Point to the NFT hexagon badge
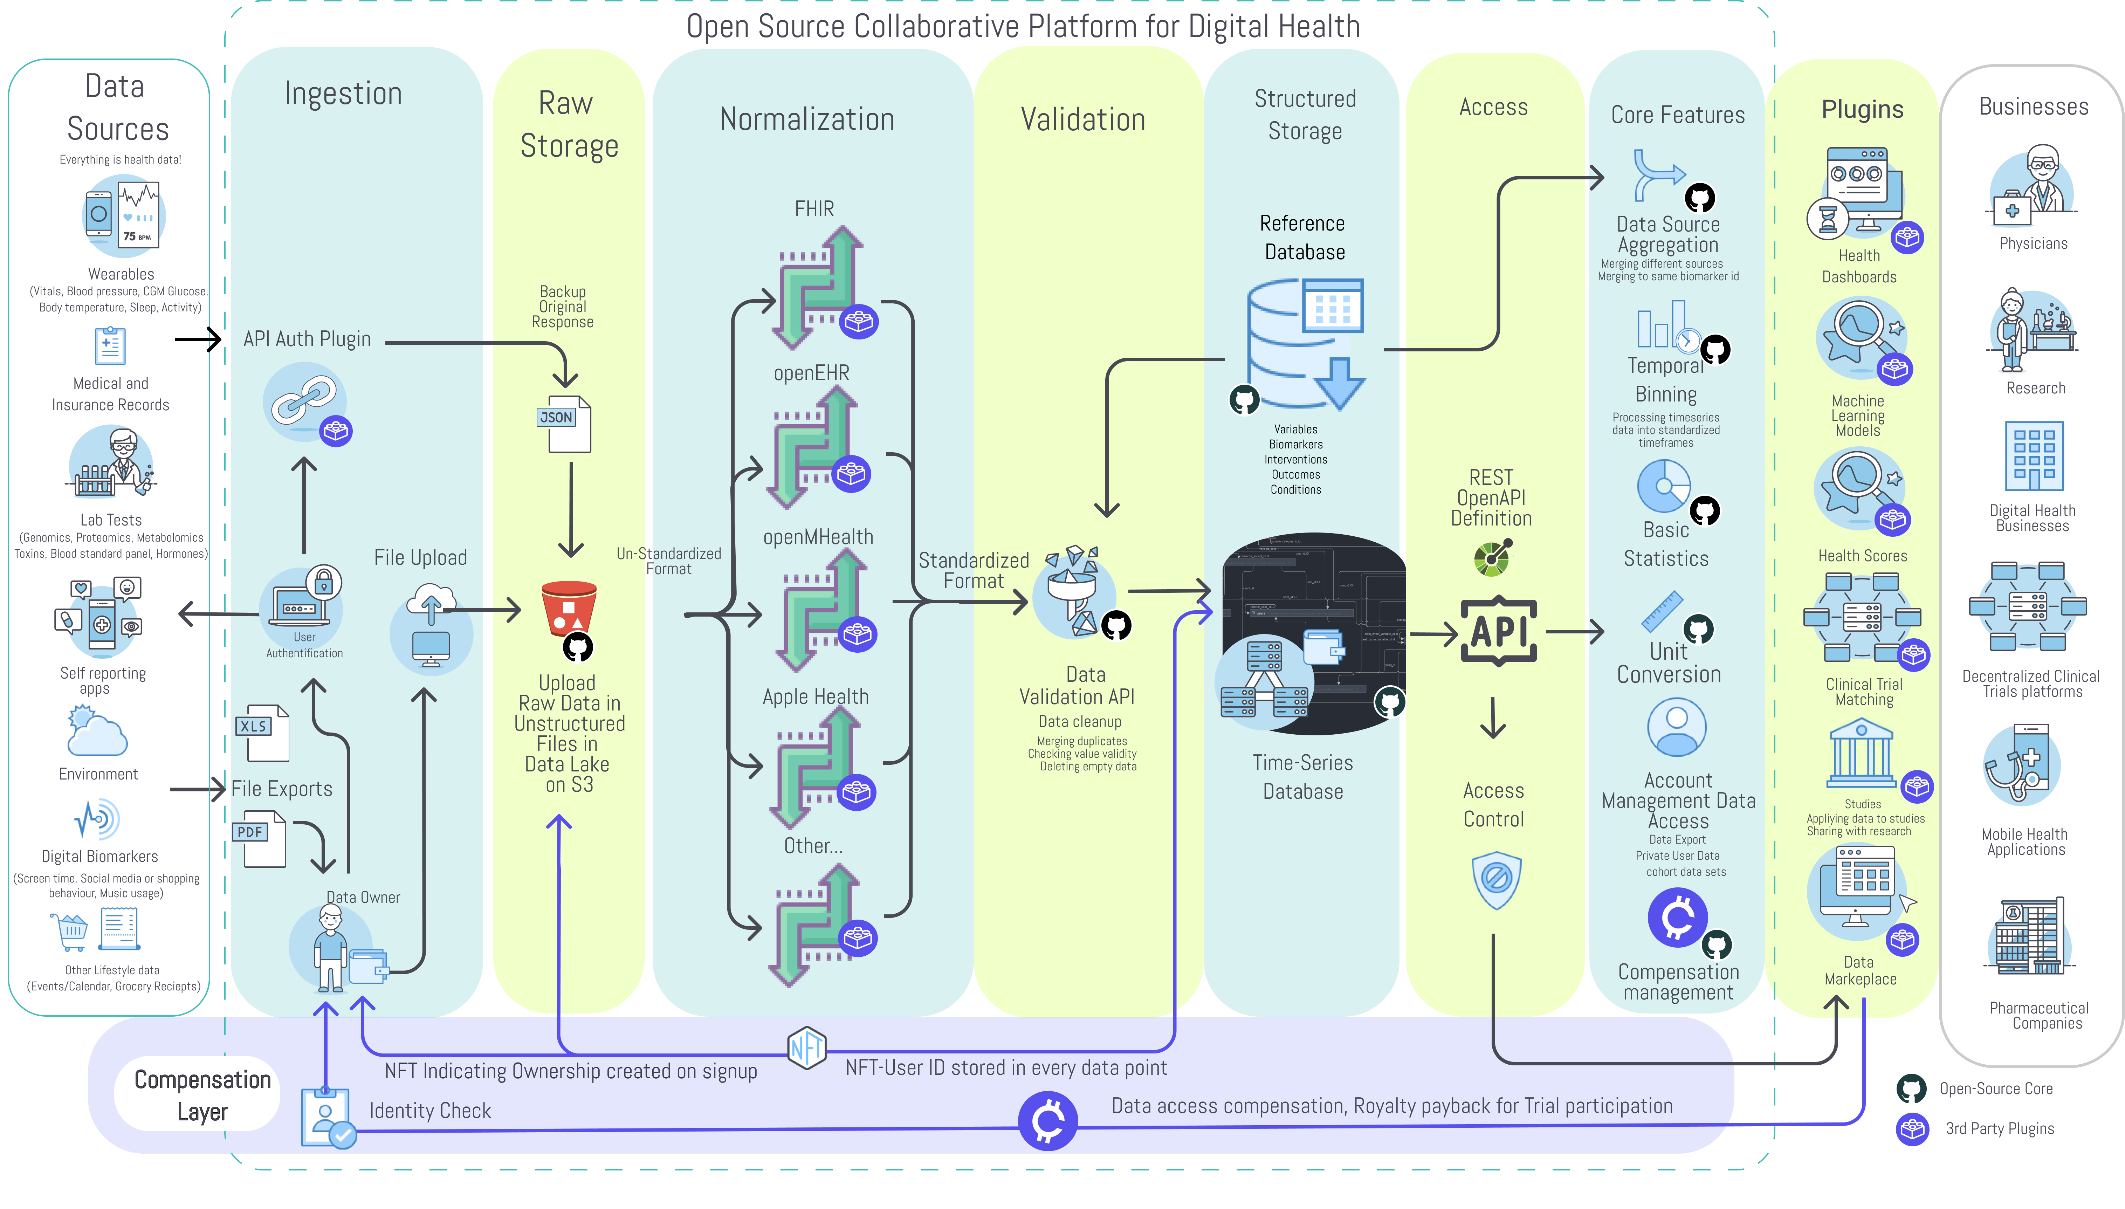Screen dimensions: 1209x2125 [806, 1048]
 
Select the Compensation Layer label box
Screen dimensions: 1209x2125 [202, 1094]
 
